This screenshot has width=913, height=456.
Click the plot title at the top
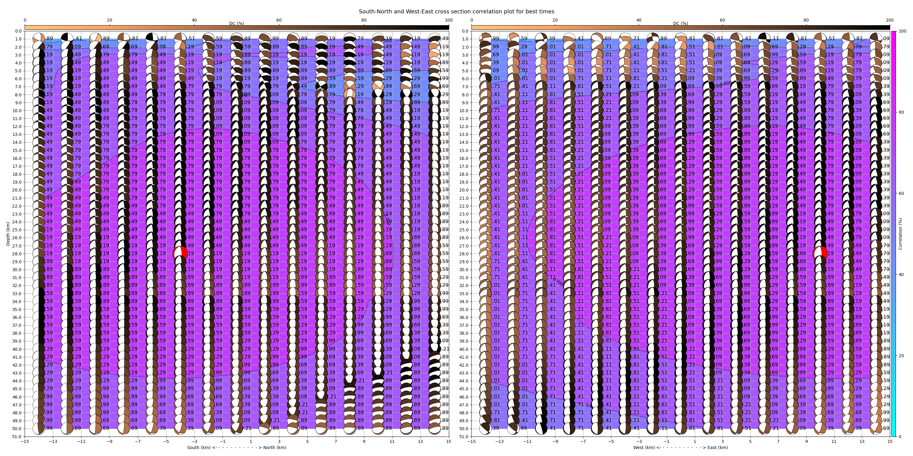[x=456, y=11]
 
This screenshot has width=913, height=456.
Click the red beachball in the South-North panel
[x=180, y=254]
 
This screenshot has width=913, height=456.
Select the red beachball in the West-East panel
[x=820, y=254]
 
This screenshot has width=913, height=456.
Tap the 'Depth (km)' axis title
[x=8, y=234]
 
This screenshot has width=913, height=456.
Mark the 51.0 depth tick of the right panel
[x=465, y=437]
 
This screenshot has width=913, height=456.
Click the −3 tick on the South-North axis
[x=194, y=441]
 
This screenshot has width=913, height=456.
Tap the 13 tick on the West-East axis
[x=862, y=441]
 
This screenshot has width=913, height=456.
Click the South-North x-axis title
[x=236, y=447]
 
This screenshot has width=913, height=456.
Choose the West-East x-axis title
[x=680, y=447]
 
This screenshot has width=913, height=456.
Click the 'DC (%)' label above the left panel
[x=236, y=23]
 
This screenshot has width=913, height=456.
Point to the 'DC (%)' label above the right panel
[x=680, y=23]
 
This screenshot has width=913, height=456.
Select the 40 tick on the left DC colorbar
[x=194, y=20]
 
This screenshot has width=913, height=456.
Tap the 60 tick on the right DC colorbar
[x=722, y=20]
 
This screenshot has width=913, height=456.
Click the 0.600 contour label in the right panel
[x=726, y=84]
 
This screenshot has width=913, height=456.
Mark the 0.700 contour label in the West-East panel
[x=558, y=282]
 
